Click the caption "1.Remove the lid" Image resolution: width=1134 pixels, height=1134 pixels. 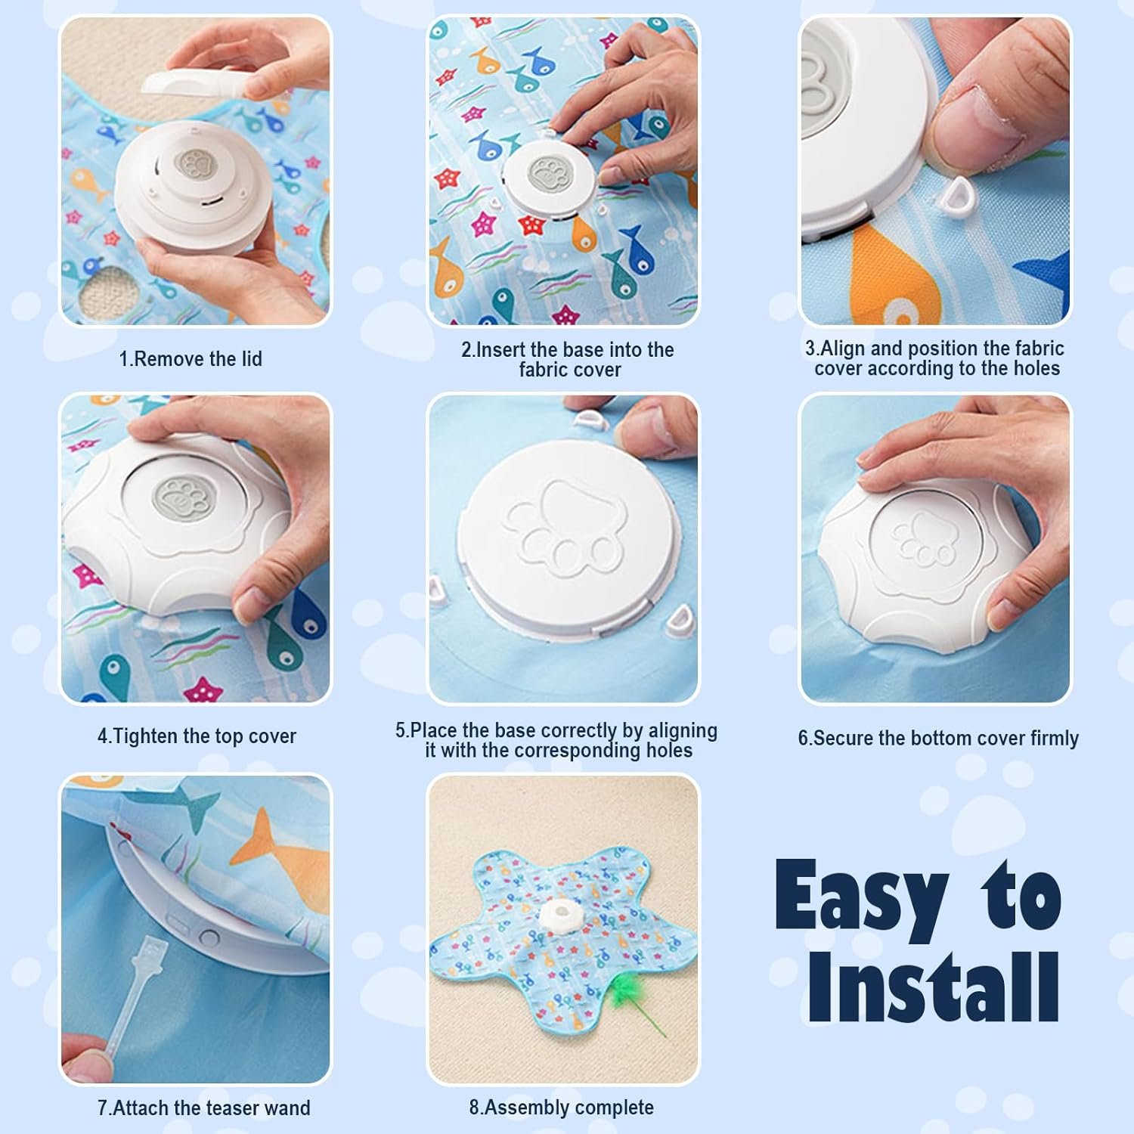coord(191,359)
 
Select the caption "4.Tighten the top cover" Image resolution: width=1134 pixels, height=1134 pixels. coord(197,736)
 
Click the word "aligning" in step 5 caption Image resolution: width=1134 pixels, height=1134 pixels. coord(677,732)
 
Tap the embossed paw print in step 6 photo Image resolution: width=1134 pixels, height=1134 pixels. coord(923,539)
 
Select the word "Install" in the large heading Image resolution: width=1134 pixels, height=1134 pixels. coord(934,987)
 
